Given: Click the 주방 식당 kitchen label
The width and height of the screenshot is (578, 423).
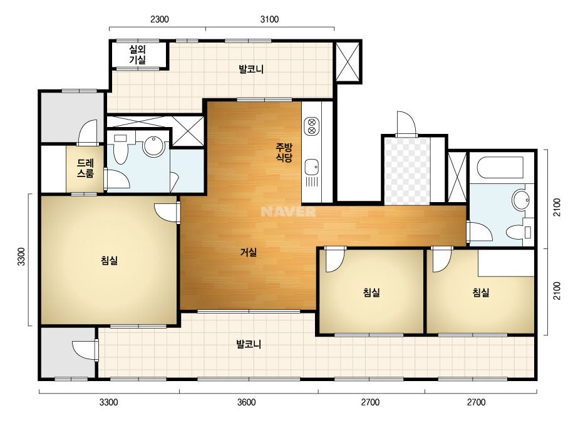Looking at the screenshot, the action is pyautogui.click(x=284, y=153).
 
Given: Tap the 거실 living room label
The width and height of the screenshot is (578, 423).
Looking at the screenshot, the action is pyautogui.click(x=248, y=252).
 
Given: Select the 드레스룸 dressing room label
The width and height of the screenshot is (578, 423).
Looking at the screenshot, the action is pyautogui.click(x=85, y=168).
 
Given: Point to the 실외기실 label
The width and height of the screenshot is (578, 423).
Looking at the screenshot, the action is pyautogui.click(x=138, y=54).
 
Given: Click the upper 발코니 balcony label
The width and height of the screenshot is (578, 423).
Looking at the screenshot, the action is pyautogui.click(x=251, y=69).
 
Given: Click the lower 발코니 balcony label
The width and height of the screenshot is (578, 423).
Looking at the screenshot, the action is pyautogui.click(x=249, y=344).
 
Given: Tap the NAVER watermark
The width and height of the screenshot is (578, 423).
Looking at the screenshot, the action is pyautogui.click(x=288, y=211).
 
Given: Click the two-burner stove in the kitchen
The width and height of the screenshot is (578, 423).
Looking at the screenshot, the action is pyautogui.click(x=311, y=126).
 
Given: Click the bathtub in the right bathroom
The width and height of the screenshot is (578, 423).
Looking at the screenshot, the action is pyautogui.click(x=500, y=168).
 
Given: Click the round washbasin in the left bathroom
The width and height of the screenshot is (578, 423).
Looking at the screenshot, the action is pyautogui.click(x=153, y=146).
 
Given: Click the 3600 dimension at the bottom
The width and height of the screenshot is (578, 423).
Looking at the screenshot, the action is pyautogui.click(x=246, y=402).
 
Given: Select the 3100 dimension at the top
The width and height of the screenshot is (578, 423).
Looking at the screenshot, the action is pyautogui.click(x=269, y=19).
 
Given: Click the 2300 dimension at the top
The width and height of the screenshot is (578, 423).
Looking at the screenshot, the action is pyautogui.click(x=160, y=19).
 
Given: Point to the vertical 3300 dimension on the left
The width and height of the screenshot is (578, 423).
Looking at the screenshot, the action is pyautogui.click(x=21, y=257).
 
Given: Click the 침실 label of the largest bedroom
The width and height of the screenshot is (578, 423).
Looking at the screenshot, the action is pyautogui.click(x=109, y=260).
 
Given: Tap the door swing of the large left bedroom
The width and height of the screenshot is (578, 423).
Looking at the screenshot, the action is pyautogui.click(x=167, y=213).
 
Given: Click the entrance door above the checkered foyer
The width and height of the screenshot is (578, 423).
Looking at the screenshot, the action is pyautogui.click(x=406, y=123).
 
